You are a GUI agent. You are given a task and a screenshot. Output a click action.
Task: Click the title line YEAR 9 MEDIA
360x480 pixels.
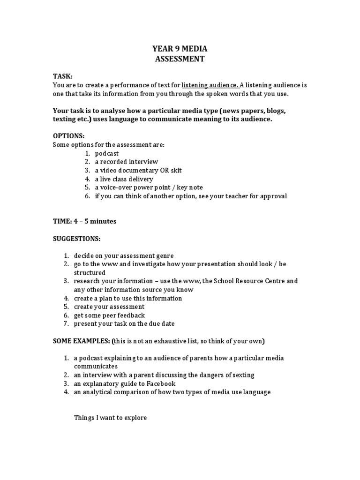pyautogui.click(x=180, y=48)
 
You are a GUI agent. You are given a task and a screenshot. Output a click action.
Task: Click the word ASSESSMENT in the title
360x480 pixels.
pyautogui.click(x=180, y=59)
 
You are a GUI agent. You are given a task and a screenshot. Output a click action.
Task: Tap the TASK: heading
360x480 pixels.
pyautogui.click(x=63, y=76)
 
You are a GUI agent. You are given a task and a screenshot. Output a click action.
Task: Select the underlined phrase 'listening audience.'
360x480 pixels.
pyautogui.click(x=210, y=85)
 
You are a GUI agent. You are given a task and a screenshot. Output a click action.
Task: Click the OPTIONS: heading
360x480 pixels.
pyautogui.click(x=69, y=136)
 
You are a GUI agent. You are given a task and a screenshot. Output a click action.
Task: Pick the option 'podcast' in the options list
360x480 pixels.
pyautogui.click(x=107, y=153)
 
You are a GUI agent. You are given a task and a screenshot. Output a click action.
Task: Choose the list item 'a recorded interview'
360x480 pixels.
pyautogui.click(x=126, y=162)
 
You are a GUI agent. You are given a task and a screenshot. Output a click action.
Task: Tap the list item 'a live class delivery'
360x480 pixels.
pyautogui.click(x=124, y=179)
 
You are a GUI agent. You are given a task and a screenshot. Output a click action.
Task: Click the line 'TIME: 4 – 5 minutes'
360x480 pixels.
pyautogui.click(x=85, y=221)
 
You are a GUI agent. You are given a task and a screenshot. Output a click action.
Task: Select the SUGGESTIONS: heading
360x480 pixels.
pyautogui.click(x=77, y=239)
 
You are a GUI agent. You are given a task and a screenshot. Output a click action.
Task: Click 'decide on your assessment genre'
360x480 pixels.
pyautogui.click(x=124, y=255)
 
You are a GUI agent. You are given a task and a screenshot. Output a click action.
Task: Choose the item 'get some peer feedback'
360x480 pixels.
pyautogui.click(x=109, y=315)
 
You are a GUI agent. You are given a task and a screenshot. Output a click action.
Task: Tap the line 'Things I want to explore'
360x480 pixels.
pyautogui.click(x=111, y=417)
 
